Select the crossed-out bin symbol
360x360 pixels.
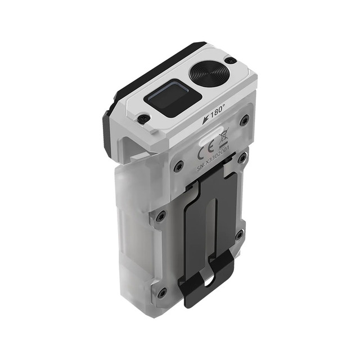(x=223, y=138)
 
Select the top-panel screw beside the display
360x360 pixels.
(x=144, y=119)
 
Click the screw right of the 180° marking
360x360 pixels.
(x=244, y=119)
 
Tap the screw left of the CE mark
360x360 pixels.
(x=179, y=165)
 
